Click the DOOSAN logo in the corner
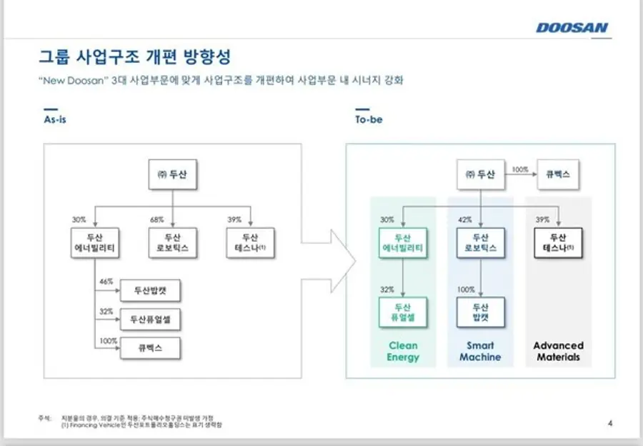pyautogui.click(x=572, y=28)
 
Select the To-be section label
pyautogui.click(x=369, y=119)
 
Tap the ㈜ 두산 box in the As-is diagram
pyautogui.click(x=172, y=174)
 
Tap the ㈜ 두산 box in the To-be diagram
pyautogui.click(x=480, y=174)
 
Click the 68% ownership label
pyautogui.click(x=156, y=219)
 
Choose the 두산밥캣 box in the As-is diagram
pyautogui.click(x=151, y=291)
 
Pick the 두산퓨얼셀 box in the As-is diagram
pyautogui.click(x=151, y=319)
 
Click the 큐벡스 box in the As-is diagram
pyautogui.click(x=151, y=348)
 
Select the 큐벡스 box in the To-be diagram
pyautogui.click(x=557, y=174)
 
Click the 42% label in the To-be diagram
pyautogui.click(x=464, y=219)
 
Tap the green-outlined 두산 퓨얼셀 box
pyautogui.click(x=403, y=312)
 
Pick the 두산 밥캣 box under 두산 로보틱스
pyautogui.click(x=480, y=312)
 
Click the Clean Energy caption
pyautogui.click(x=403, y=351)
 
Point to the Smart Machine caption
pyautogui.click(x=480, y=351)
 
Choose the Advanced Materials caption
pyautogui.click(x=558, y=351)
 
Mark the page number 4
pyautogui.click(x=609, y=422)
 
